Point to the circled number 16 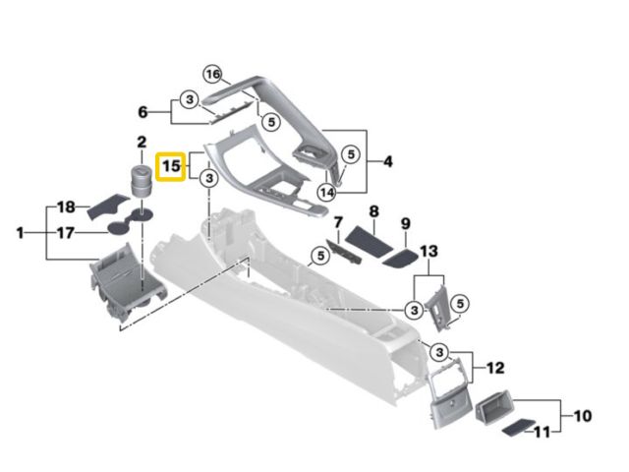[x=213, y=74]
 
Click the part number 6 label [x=143, y=111]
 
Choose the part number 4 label [x=387, y=160]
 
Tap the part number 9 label [x=404, y=223]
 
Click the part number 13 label [x=427, y=252]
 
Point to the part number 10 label [x=583, y=416]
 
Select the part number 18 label [x=66, y=206]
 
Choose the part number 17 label [x=66, y=233]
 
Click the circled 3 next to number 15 [x=208, y=178]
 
